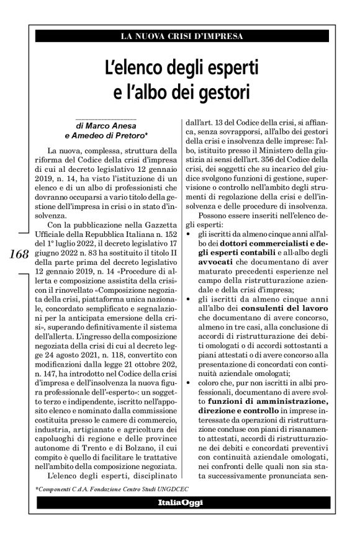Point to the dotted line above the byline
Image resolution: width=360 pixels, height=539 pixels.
pyautogui.click(x=107, y=118)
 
